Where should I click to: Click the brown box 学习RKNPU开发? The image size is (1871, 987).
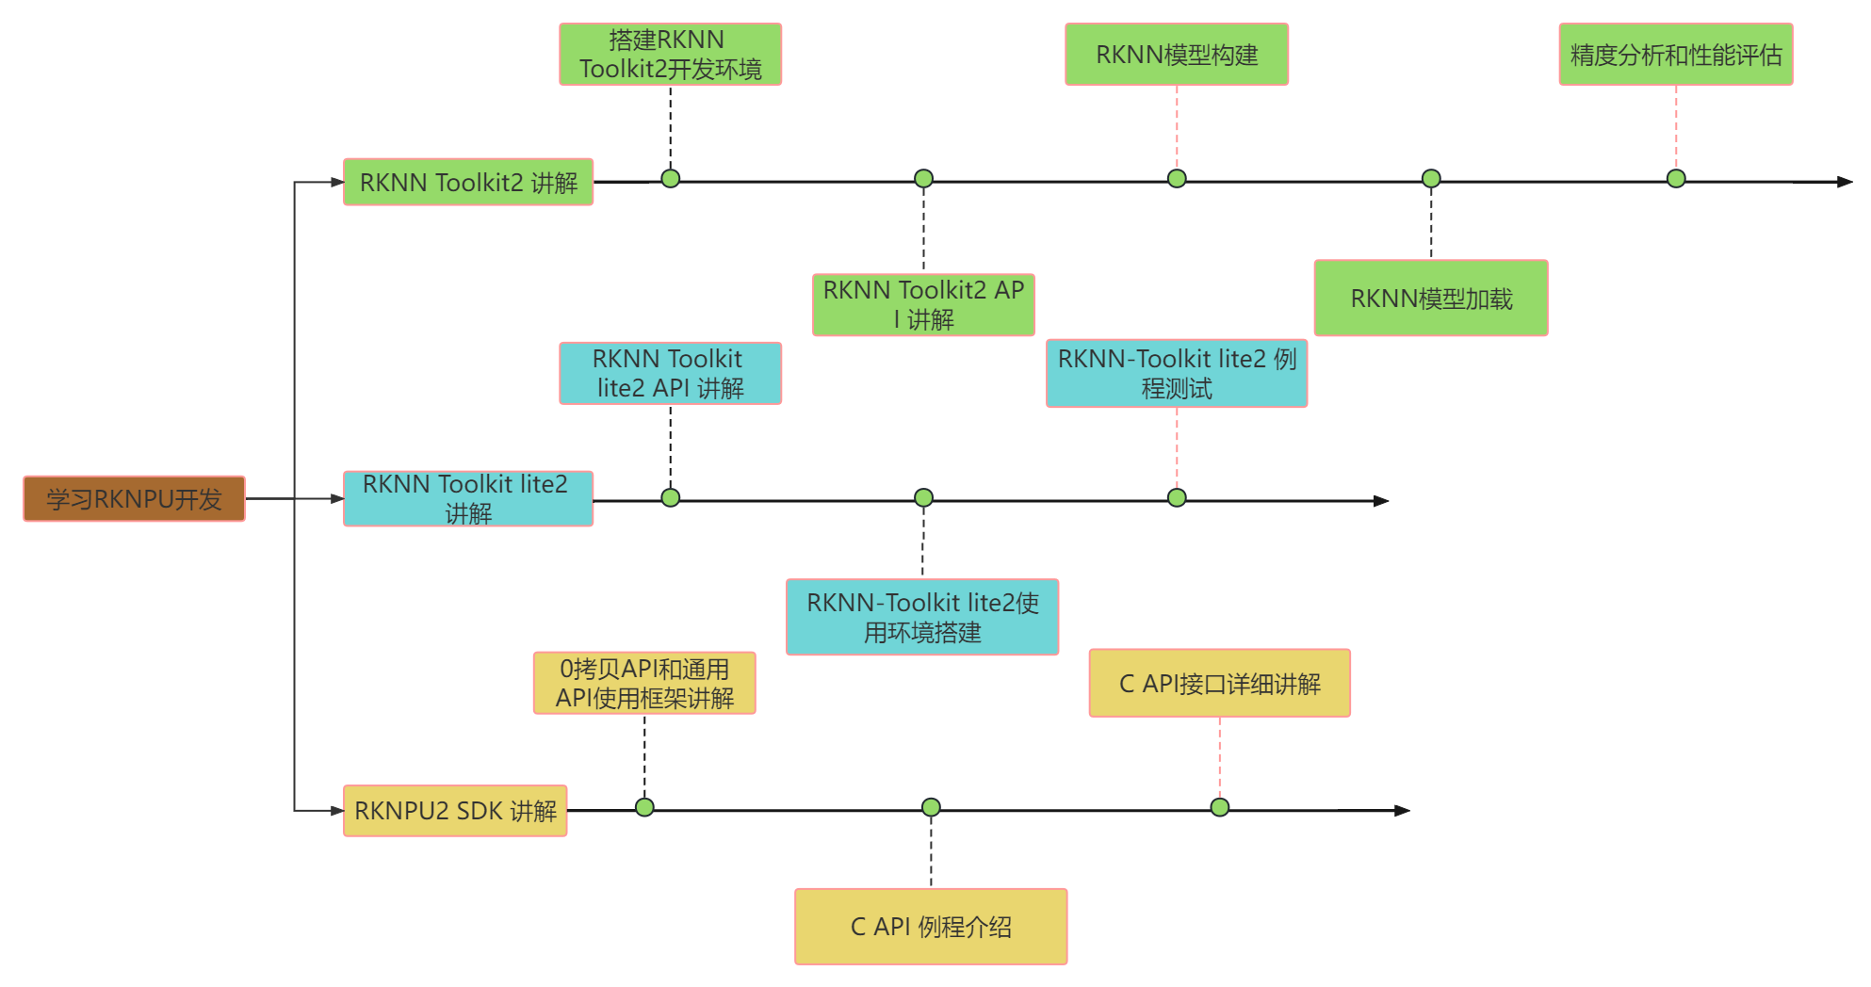(134, 498)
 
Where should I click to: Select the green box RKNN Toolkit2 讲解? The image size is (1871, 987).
(468, 182)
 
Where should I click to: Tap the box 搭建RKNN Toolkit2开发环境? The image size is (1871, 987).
(670, 55)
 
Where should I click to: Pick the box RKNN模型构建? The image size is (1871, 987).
(1176, 55)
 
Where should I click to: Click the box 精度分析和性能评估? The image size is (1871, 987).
(1675, 55)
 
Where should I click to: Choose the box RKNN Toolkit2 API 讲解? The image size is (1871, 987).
(923, 304)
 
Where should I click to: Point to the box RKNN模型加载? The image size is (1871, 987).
(1430, 299)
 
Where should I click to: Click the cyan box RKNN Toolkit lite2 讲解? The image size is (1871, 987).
(468, 498)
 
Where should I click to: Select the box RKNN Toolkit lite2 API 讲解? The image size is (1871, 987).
(670, 373)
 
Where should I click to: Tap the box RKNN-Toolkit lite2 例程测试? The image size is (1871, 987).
(1176, 373)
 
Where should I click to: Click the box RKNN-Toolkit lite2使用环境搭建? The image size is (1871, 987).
(922, 617)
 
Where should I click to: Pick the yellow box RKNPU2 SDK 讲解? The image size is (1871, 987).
(455, 810)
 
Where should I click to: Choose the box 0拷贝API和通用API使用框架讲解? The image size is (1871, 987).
(644, 683)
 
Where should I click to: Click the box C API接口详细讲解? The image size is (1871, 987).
(1219, 683)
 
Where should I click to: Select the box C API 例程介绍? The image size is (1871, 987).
(931, 927)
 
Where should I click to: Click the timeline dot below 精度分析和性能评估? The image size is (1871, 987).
(1676, 179)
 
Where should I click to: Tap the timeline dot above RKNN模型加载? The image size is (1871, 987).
(1431, 179)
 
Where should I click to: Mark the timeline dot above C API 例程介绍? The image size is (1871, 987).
(931, 807)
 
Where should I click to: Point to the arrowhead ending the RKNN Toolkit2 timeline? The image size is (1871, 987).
(1845, 182)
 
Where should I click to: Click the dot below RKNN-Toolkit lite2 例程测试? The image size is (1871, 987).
(1177, 497)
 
